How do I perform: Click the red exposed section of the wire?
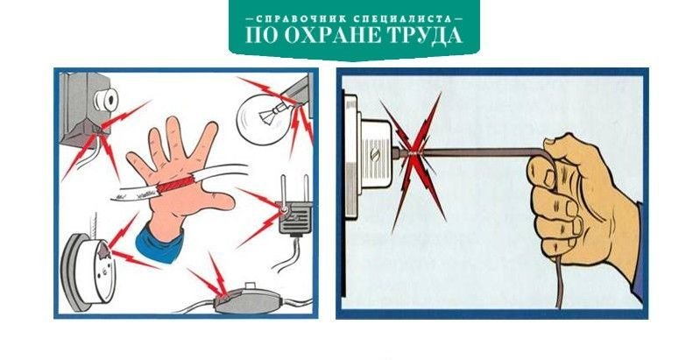coord(174,184)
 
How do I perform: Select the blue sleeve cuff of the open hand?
coord(159,244)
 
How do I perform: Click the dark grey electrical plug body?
coord(295,218)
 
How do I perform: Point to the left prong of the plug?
coord(283,188)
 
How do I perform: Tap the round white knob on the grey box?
coord(105,100)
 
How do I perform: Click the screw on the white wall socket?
coord(375,155)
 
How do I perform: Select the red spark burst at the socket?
coord(415,159)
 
